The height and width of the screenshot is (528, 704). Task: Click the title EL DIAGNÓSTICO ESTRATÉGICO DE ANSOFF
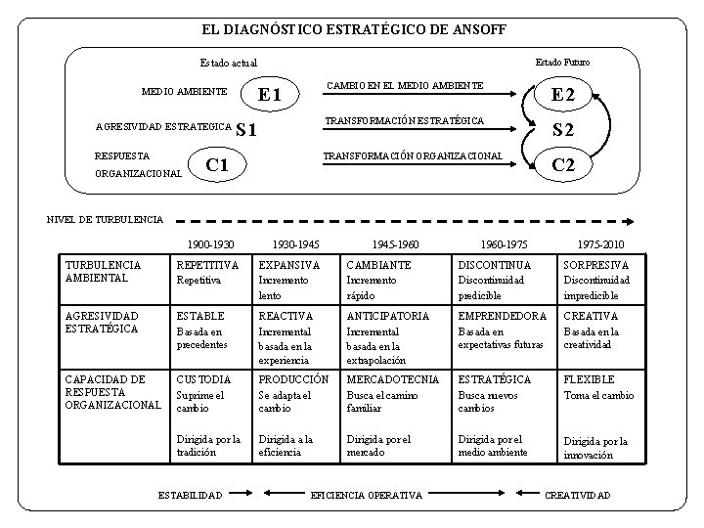(x=347, y=30)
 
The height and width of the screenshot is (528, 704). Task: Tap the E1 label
(x=269, y=96)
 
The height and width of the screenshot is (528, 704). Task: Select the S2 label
(x=562, y=131)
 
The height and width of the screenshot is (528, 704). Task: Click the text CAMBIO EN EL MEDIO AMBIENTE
(x=404, y=86)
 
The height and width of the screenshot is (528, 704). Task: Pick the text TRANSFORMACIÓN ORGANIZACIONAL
(x=413, y=156)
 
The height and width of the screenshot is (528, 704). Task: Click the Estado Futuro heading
(x=562, y=62)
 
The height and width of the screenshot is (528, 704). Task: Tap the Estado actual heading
(x=228, y=63)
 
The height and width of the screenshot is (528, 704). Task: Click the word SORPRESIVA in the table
(x=595, y=266)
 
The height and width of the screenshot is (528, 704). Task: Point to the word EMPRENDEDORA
(x=502, y=316)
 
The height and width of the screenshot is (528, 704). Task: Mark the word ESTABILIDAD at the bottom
(x=190, y=496)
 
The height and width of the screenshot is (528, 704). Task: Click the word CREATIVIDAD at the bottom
(x=577, y=496)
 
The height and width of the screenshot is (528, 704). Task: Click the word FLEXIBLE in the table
(x=589, y=379)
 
